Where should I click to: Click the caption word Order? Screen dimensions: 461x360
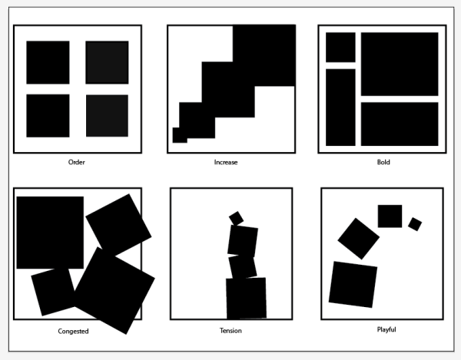tap(76, 162)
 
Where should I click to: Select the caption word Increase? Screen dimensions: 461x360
tap(226, 162)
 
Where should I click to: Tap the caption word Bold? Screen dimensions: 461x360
tap(383, 162)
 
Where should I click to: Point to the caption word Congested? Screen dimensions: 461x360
tap(73, 332)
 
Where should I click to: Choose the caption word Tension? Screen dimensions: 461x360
tap(230, 331)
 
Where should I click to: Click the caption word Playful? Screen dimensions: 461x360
tap(386, 329)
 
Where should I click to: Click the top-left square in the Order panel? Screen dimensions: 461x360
tap(48, 62)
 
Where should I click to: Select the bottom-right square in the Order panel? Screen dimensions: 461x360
tap(107, 116)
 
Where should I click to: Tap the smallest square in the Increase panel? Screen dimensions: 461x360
tap(180, 135)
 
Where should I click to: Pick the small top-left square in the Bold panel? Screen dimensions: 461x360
tap(340, 48)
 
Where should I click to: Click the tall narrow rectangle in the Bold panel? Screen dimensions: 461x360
tap(340, 107)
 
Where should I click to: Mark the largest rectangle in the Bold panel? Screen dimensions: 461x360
tap(400, 64)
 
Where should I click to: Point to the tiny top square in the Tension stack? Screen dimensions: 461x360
tap(236, 218)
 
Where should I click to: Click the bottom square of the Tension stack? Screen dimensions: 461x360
tap(246, 299)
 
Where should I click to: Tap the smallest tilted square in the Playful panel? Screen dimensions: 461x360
tap(415, 224)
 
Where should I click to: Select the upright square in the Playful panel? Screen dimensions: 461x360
tap(390, 216)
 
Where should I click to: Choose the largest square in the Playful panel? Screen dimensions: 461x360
tap(353, 285)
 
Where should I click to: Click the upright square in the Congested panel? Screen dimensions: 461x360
tap(50, 233)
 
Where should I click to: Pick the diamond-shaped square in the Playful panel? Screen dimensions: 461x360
tap(358, 239)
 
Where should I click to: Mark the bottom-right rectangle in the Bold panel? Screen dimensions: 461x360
tap(400, 124)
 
